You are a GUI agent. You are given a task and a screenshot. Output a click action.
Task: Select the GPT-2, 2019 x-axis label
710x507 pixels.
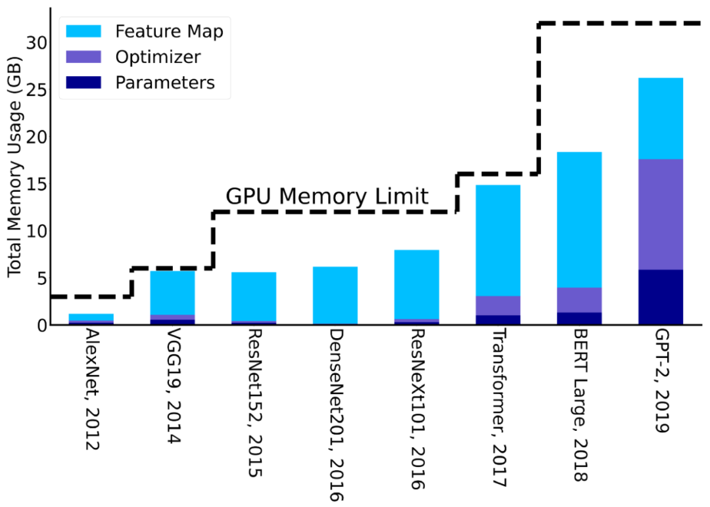[660, 380]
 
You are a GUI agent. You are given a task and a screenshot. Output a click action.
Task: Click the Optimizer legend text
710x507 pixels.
[158, 57]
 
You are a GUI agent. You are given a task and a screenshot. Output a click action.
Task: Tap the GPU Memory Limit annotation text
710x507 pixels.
[327, 196]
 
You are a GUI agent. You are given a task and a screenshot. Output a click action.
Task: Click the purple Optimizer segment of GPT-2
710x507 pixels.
[660, 214]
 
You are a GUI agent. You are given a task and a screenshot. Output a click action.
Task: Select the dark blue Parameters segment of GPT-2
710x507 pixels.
[660, 297]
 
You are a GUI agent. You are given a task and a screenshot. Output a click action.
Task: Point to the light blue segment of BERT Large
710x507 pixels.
[579, 219]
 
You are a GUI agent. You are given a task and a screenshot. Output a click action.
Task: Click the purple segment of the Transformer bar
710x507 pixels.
[498, 305]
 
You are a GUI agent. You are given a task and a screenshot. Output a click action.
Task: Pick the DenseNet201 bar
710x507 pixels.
[335, 296]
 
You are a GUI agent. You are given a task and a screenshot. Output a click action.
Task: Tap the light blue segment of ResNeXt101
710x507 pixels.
[416, 284]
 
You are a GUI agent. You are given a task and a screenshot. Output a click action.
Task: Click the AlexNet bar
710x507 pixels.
[91, 318]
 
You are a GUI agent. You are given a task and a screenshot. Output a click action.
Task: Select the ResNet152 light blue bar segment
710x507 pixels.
[254, 296]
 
